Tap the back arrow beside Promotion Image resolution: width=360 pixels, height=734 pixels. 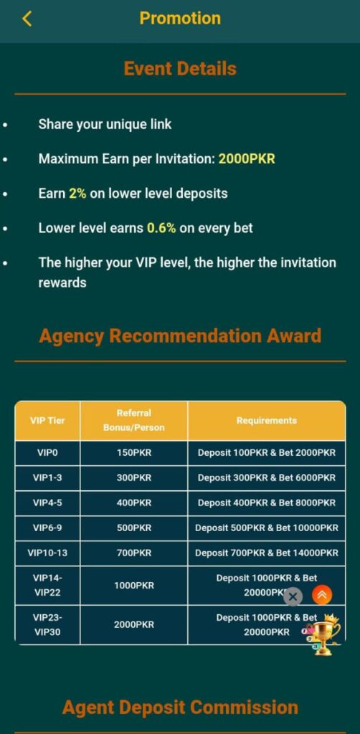[27, 19]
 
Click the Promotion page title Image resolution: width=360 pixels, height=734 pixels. [180, 18]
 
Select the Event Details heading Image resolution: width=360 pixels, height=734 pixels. [180, 69]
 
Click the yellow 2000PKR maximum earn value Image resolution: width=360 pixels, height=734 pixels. [247, 159]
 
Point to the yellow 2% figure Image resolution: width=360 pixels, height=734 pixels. [77, 194]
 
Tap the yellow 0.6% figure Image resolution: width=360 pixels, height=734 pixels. [161, 228]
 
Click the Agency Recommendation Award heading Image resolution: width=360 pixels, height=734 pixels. [180, 336]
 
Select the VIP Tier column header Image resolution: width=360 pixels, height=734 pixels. [47, 420]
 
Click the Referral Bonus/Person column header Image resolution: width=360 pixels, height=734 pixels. [134, 420]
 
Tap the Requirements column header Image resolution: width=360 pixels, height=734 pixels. [266, 420]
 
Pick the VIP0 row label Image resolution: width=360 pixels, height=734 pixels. [47, 453]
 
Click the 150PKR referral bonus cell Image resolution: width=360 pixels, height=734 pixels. [134, 453]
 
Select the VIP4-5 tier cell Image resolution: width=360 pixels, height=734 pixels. [47, 503]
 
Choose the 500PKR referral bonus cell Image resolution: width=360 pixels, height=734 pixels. [134, 528]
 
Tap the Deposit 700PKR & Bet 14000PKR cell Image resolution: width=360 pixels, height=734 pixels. [266, 553]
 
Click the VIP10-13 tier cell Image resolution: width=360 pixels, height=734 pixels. [47, 553]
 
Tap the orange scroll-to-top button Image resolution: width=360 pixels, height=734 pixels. [322, 594]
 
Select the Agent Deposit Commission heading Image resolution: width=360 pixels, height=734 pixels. [180, 707]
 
